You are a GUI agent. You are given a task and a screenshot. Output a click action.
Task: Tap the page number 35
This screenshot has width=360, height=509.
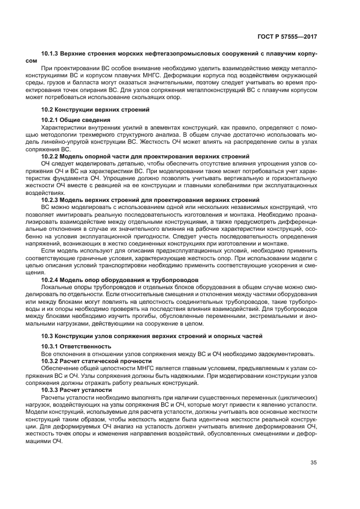[313, 463]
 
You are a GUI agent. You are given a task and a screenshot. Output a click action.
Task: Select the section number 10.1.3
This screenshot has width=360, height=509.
[51, 55]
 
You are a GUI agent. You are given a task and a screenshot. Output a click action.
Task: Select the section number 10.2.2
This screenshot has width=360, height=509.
[53, 156]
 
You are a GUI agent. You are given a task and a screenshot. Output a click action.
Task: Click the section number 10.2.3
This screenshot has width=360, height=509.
[53, 200]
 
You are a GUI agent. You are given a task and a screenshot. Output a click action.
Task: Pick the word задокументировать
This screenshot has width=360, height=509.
[287, 353]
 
